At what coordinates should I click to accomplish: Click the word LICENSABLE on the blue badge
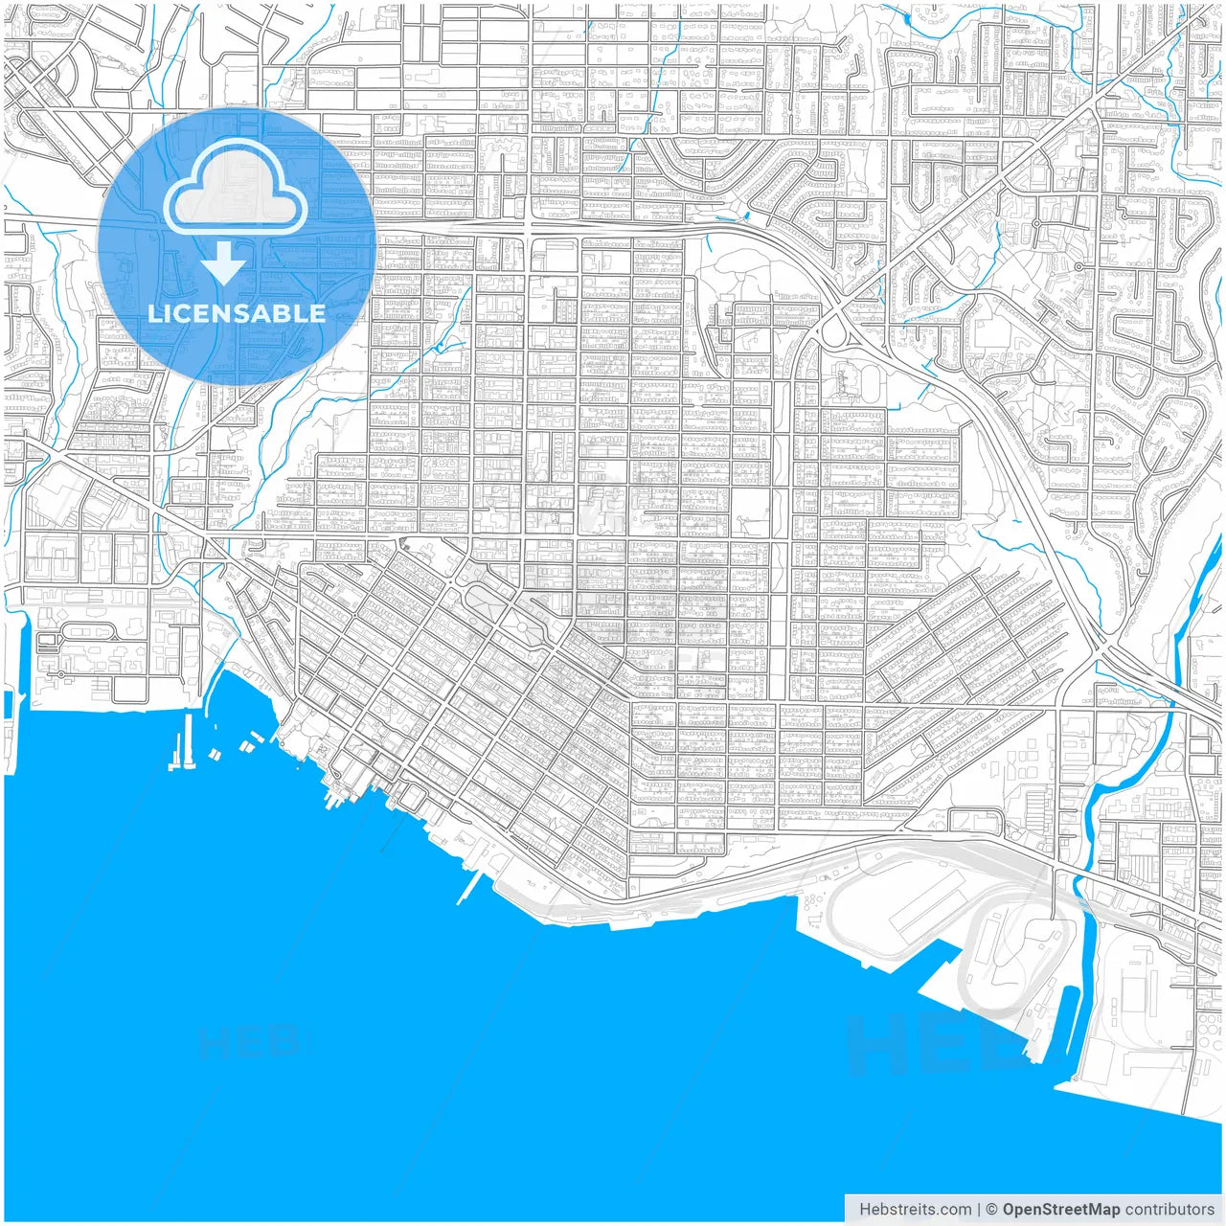237,313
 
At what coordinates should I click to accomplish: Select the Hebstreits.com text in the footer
915,1210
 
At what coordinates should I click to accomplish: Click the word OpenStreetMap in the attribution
1061,1210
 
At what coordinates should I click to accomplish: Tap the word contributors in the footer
1169,1210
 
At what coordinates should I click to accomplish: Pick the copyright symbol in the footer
992,1210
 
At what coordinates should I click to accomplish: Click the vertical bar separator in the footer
978,1210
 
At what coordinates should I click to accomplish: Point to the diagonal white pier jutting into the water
469,888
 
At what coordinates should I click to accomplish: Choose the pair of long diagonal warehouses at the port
929,900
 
